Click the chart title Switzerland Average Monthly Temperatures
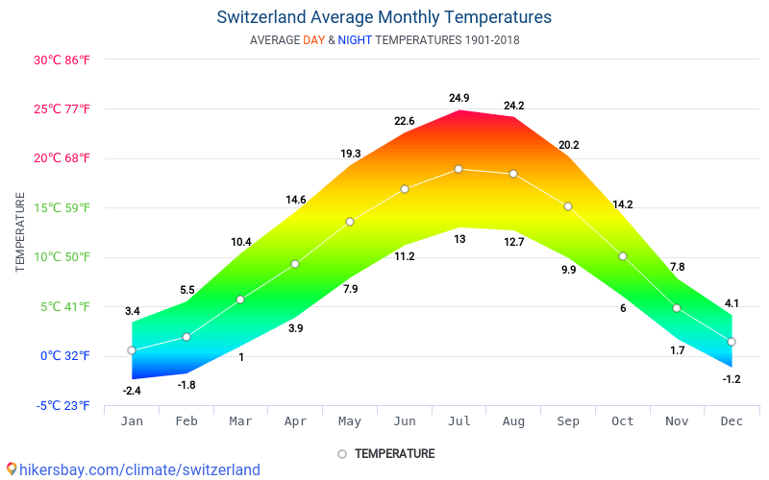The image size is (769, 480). (x=384, y=17)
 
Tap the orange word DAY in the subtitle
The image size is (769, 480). (x=313, y=40)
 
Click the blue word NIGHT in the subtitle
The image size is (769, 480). (x=355, y=40)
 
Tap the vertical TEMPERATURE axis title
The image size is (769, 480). (x=20, y=231)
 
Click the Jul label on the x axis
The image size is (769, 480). (x=459, y=421)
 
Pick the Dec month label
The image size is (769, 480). (x=732, y=421)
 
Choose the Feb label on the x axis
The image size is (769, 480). (x=186, y=421)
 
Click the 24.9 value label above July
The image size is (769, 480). (x=459, y=98)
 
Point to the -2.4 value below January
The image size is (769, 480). (x=132, y=391)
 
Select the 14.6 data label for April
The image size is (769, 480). (x=295, y=200)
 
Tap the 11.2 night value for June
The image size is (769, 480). (x=405, y=256)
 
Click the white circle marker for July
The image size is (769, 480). (x=459, y=169)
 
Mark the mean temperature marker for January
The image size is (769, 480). (x=132, y=350)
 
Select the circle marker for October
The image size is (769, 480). (x=623, y=256)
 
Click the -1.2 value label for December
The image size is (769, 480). (x=732, y=379)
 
